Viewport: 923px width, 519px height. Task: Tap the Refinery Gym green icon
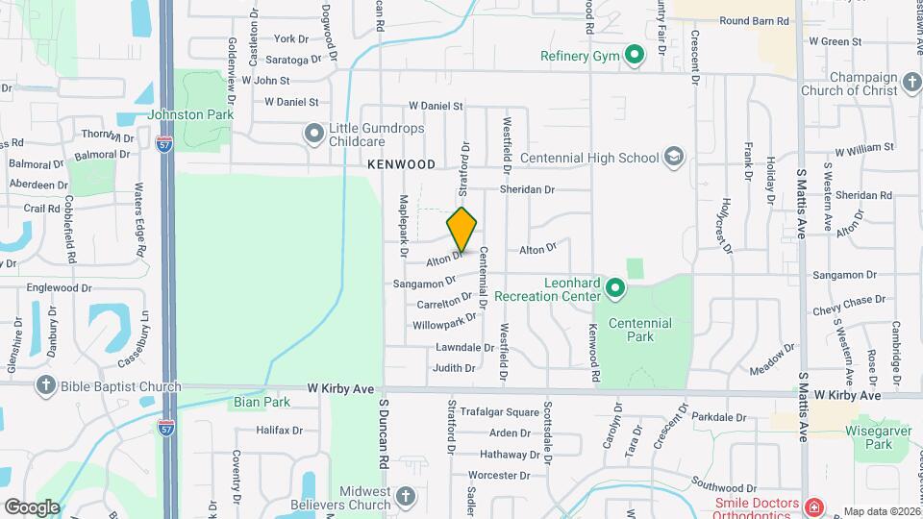click(634, 56)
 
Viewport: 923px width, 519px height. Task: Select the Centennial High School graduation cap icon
click(674, 158)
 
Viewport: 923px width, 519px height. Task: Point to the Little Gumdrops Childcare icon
click(313, 135)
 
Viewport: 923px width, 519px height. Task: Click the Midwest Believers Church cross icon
click(405, 497)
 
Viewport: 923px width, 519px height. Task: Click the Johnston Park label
click(191, 114)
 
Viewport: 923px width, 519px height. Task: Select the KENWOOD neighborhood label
click(402, 165)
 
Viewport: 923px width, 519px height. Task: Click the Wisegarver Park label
click(878, 437)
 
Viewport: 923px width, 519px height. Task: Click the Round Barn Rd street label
click(755, 20)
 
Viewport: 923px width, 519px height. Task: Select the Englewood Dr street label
click(59, 287)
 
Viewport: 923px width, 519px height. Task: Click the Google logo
click(32, 507)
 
